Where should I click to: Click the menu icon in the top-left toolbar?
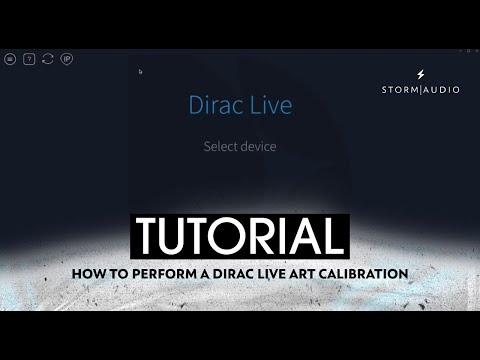10,59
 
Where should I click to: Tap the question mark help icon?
29,59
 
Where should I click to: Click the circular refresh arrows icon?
48,59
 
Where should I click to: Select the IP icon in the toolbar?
67,59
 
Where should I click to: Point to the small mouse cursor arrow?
140,71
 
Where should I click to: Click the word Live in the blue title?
269,104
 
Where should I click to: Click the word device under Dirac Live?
258,146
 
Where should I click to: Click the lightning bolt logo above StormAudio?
420,74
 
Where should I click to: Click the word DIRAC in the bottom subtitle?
222,273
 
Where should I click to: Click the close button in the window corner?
475,49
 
